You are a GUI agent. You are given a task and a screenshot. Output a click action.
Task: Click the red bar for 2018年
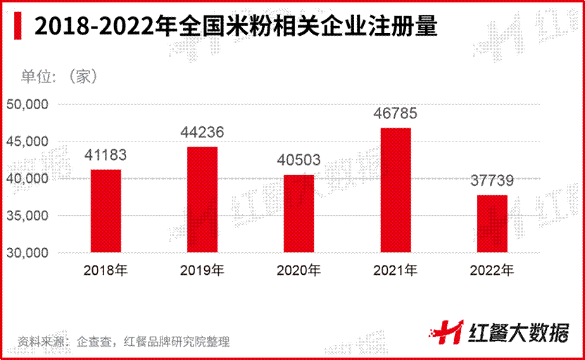click(105, 211)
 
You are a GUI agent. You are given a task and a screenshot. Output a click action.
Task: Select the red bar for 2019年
click(202, 199)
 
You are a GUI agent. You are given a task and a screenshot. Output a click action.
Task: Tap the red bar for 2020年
click(298, 213)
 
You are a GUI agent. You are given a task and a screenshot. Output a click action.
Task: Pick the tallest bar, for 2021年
click(396, 190)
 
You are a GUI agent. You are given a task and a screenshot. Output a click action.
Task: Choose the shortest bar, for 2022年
click(492, 223)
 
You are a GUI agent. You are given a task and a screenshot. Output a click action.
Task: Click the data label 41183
click(105, 155)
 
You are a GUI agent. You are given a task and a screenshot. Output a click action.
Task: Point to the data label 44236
click(202, 132)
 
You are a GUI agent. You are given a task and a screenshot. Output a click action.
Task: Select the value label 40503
click(298, 161)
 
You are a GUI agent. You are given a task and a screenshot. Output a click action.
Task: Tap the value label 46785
click(396, 113)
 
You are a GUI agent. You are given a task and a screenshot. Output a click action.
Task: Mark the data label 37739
click(492, 181)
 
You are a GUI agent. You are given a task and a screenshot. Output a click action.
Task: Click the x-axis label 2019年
click(202, 270)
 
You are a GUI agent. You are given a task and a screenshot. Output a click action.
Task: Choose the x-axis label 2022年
click(492, 270)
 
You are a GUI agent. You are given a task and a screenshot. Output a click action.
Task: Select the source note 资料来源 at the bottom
click(124, 342)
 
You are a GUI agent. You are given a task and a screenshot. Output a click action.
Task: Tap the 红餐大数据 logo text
click(517, 332)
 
